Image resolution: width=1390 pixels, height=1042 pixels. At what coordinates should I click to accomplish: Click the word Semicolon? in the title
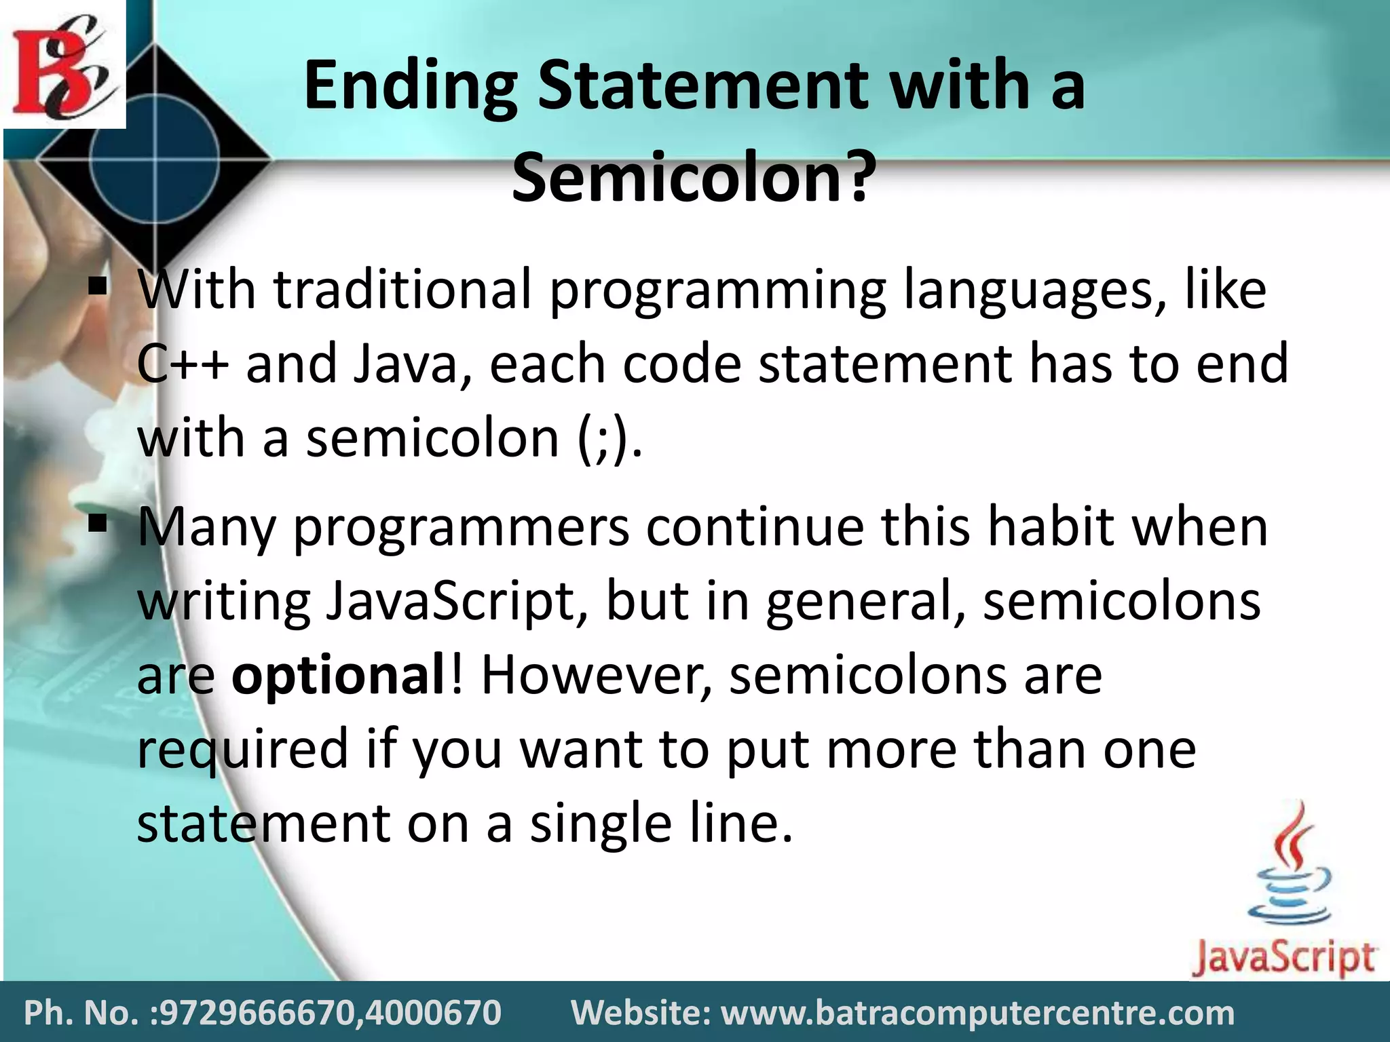point(691,178)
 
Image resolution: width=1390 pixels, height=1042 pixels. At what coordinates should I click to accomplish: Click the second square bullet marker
point(98,524)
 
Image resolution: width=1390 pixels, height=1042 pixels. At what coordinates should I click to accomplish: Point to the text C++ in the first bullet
point(182,364)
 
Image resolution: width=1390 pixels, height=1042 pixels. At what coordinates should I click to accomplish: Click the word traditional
point(402,290)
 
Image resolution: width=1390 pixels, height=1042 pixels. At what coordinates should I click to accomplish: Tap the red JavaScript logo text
point(1283,958)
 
